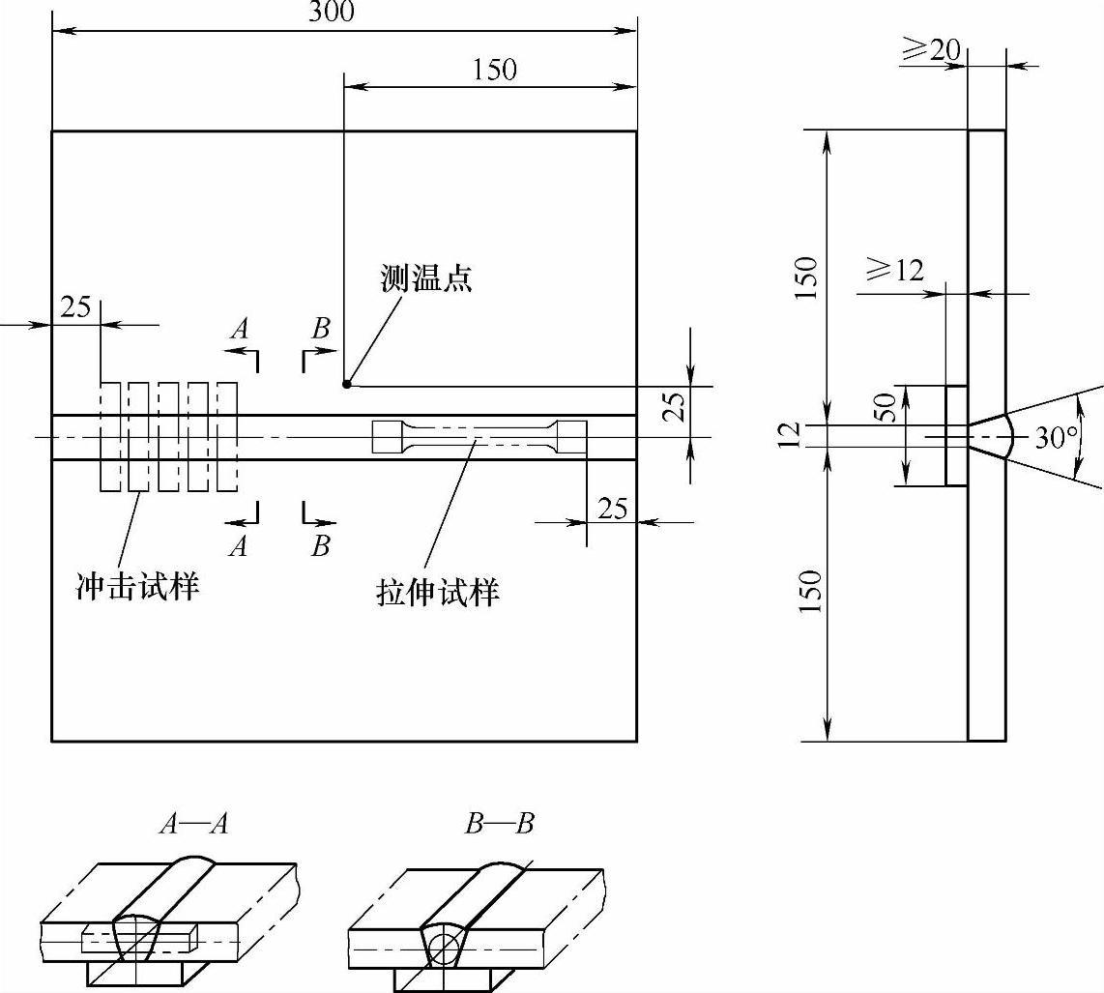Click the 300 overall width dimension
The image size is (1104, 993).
click(332, 12)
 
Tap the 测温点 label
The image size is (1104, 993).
click(426, 279)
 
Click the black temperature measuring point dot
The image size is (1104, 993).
click(346, 384)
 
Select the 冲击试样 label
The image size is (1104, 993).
click(138, 586)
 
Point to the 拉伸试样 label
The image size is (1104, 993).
click(438, 591)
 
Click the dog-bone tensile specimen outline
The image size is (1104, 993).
click(479, 437)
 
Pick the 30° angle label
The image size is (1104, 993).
click(1055, 438)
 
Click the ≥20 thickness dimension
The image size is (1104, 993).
click(932, 50)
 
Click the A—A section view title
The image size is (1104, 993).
click(195, 824)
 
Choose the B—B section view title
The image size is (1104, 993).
click(499, 824)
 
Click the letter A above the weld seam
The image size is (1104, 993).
click(240, 329)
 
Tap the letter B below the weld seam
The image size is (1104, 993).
click(320, 546)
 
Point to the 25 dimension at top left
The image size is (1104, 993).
click(74, 307)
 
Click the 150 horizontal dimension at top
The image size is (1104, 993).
click(495, 70)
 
